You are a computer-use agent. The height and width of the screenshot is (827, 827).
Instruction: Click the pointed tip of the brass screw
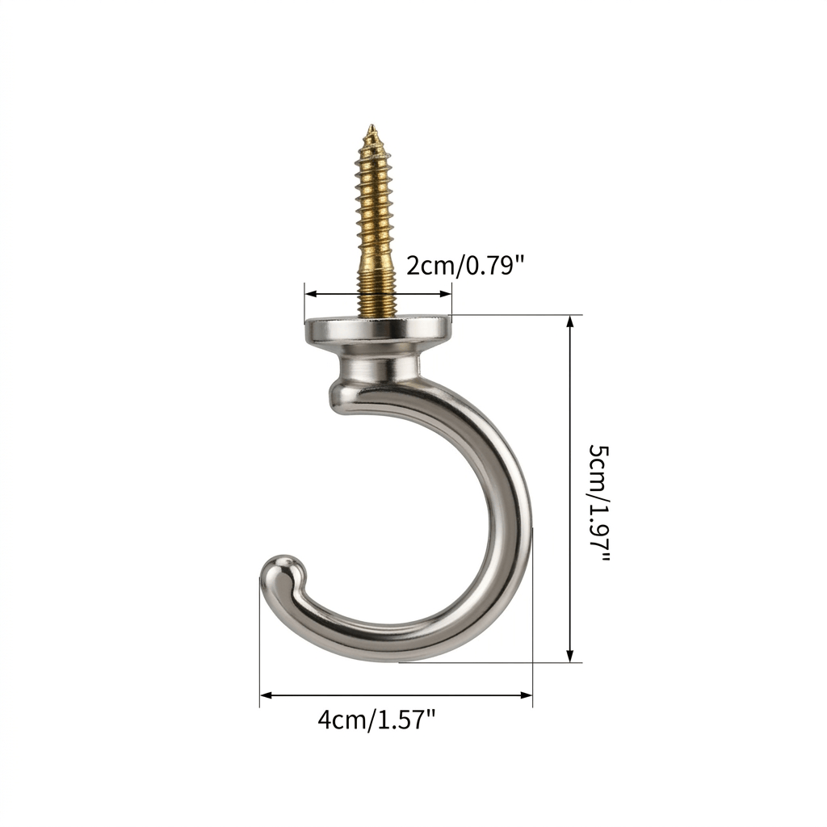(x=372, y=125)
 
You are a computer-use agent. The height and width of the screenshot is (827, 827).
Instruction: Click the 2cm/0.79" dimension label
(x=466, y=265)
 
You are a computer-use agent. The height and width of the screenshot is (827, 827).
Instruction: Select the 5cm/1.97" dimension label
(x=598, y=502)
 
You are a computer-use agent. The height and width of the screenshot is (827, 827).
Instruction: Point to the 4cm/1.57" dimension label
(x=377, y=719)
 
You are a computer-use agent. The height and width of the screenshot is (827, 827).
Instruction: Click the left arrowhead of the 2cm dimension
(x=311, y=294)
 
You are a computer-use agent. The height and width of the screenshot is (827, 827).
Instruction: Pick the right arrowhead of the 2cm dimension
(x=446, y=294)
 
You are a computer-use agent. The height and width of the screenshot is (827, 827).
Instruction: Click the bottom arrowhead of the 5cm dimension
(x=569, y=656)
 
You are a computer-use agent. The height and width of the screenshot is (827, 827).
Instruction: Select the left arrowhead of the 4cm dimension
(x=266, y=695)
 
